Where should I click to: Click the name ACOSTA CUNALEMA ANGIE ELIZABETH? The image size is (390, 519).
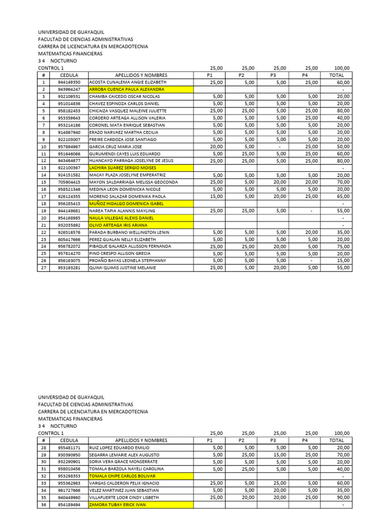point(127,82)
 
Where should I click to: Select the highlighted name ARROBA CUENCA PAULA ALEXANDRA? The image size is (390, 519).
point(123,89)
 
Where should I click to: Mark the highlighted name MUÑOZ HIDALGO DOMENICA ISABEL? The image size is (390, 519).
point(127,203)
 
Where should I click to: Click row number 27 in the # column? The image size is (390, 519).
point(44,268)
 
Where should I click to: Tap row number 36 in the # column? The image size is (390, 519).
point(44,505)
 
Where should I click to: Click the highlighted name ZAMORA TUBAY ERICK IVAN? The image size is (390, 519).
point(118,505)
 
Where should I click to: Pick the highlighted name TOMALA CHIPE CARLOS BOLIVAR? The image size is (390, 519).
point(122,476)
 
